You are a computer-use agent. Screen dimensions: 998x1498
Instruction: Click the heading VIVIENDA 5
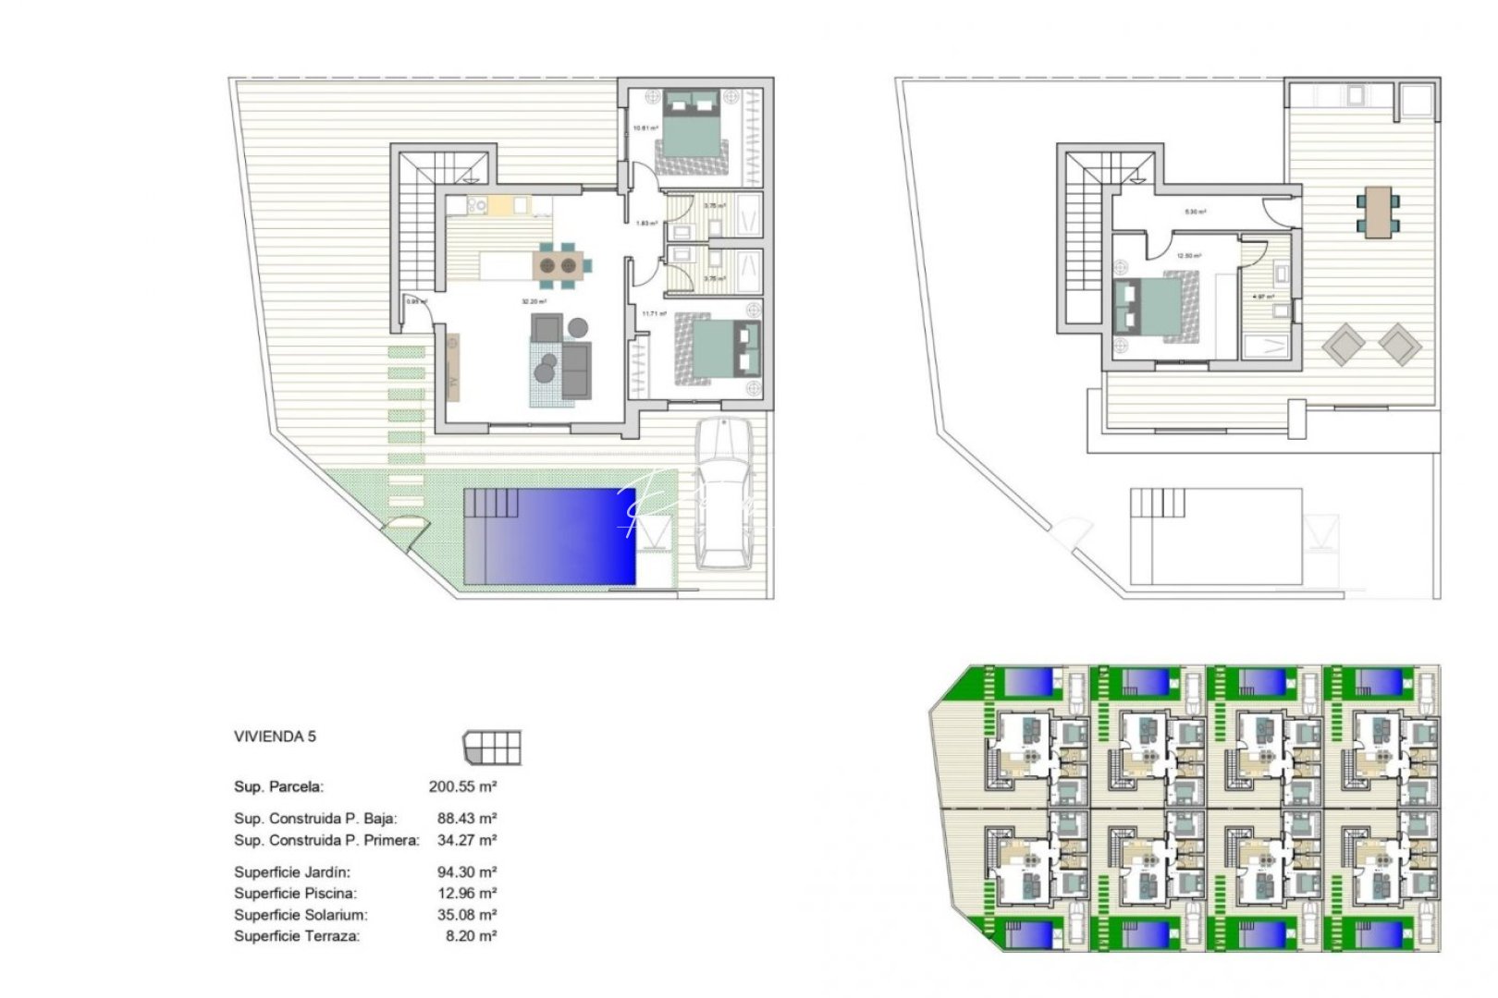pyautogui.click(x=275, y=736)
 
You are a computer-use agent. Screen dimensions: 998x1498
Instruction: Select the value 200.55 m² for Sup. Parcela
pyautogui.click(x=462, y=787)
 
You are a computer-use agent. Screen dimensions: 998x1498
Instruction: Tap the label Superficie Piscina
pyautogui.click(x=295, y=894)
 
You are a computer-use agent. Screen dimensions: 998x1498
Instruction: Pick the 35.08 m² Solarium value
pyautogui.click(x=467, y=915)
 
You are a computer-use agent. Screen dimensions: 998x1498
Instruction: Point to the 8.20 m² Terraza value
pyautogui.click(x=471, y=936)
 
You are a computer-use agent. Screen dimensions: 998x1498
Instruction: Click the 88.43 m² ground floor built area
pyautogui.click(x=467, y=819)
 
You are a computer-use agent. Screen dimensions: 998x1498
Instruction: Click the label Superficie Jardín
pyautogui.click(x=292, y=872)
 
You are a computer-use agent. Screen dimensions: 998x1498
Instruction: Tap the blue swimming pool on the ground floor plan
pyautogui.click(x=549, y=536)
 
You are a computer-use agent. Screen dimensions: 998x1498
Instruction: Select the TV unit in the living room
pyautogui.click(x=453, y=368)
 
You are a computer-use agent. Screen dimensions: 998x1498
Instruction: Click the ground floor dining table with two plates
pyautogui.click(x=559, y=266)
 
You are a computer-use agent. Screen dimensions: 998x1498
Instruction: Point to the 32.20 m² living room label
pyautogui.click(x=534, y=301)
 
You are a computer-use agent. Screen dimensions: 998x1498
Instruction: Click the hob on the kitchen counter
pyautogui.click(x=477, y=206)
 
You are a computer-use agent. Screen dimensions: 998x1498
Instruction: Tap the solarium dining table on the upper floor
pyautogui.click(x=1378, y=212)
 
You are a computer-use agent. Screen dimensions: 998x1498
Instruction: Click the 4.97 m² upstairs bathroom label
pyautogui.click(x=1263, y=297)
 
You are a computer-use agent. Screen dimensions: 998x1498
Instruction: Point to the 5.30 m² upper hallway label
pyautogui.click(x=1196, y=212)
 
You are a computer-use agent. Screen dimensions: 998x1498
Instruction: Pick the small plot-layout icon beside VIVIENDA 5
pyautogui.click(x=492, y=747)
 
